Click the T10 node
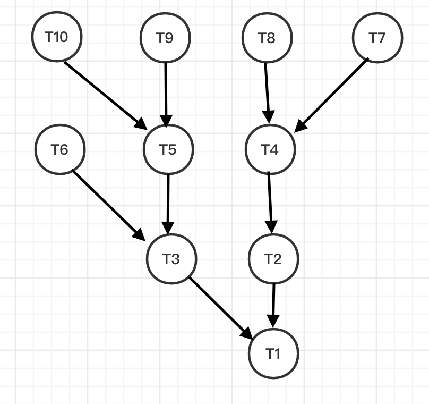56,38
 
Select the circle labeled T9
165,38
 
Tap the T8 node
267,38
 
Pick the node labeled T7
377,38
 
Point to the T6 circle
59,149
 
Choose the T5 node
168,149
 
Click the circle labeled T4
270,149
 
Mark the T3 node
171,259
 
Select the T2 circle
273,259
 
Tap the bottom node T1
273,353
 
